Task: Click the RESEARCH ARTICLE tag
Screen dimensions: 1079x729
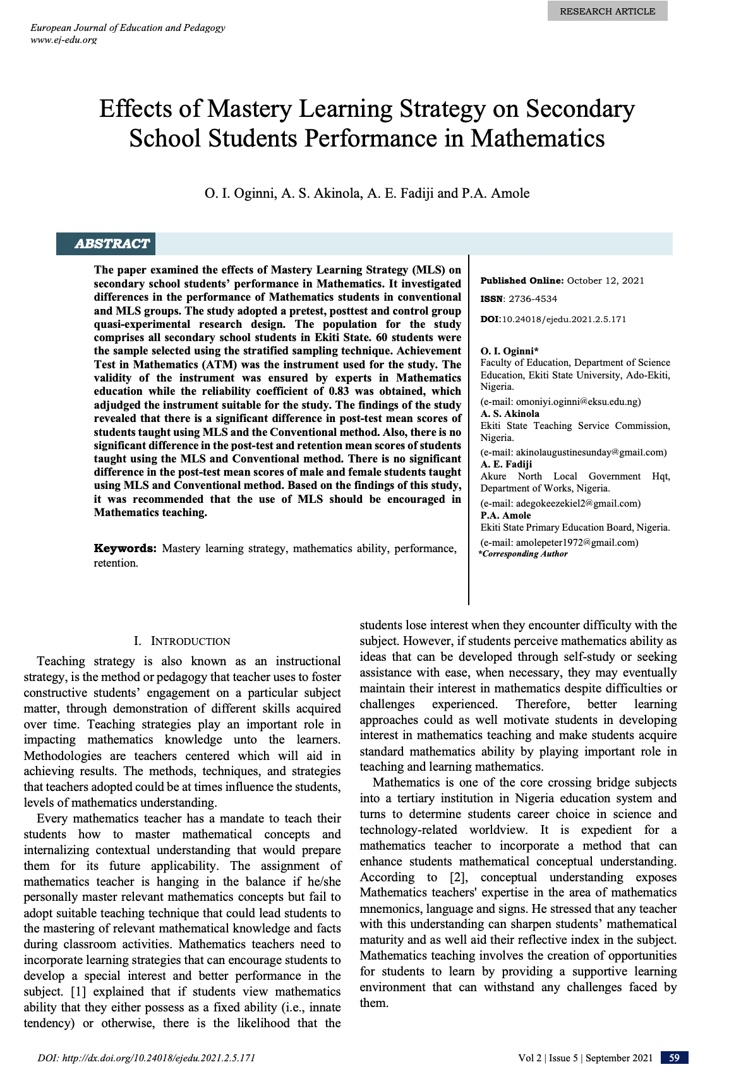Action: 607,11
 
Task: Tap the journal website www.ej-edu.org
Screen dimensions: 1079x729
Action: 64,40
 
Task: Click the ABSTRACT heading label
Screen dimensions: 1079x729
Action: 112,244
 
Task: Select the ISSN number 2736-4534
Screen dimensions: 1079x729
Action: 533,299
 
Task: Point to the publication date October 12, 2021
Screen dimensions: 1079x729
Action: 605,280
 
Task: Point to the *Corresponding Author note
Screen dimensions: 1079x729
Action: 523,554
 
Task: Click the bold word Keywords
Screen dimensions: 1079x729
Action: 124,548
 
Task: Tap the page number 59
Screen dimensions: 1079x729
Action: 674,1058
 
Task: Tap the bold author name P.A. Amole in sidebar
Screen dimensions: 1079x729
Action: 505,515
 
